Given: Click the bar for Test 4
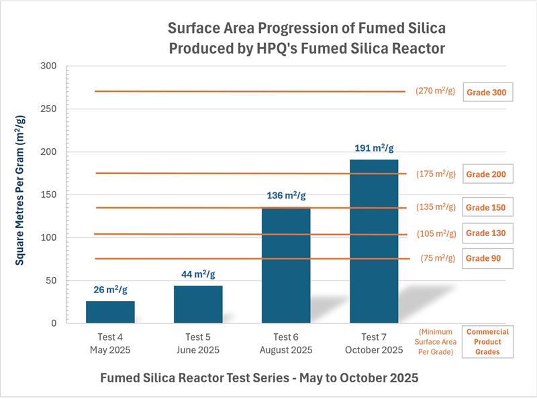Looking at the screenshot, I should [110, 312].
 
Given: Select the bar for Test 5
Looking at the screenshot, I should [198, 304].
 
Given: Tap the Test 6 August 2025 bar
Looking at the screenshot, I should [286, 266].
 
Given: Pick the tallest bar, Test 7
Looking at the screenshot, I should [374, 241].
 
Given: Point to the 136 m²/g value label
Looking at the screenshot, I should [286, 196].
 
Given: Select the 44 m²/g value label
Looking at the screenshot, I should [198, 274].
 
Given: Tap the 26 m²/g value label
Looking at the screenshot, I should [110, 290].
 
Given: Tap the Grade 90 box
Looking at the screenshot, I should [487, 258].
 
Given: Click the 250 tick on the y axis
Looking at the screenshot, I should [48, 109].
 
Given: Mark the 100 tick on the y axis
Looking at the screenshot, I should [48, 237].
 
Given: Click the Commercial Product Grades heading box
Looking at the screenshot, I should [487, 341].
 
